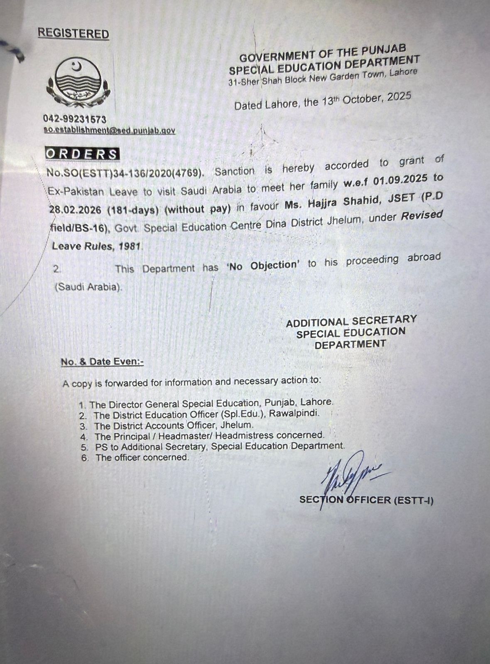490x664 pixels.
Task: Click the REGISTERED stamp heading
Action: coord(73,34)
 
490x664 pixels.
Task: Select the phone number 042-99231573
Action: coord(75,120)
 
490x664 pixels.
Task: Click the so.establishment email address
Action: coord(110,130)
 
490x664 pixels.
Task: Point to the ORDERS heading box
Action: coord(82,154)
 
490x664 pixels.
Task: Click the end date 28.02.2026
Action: coord(75,210)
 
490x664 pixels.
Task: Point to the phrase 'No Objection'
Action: coord(263,265)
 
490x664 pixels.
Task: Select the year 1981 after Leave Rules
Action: coord(130,246)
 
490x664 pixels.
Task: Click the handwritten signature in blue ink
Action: coord(349,473)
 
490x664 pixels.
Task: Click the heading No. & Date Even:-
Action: coord(102,362)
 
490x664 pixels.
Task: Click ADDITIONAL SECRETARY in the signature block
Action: coord(351,321)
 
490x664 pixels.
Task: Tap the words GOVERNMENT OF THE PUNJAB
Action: coord(323,53)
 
